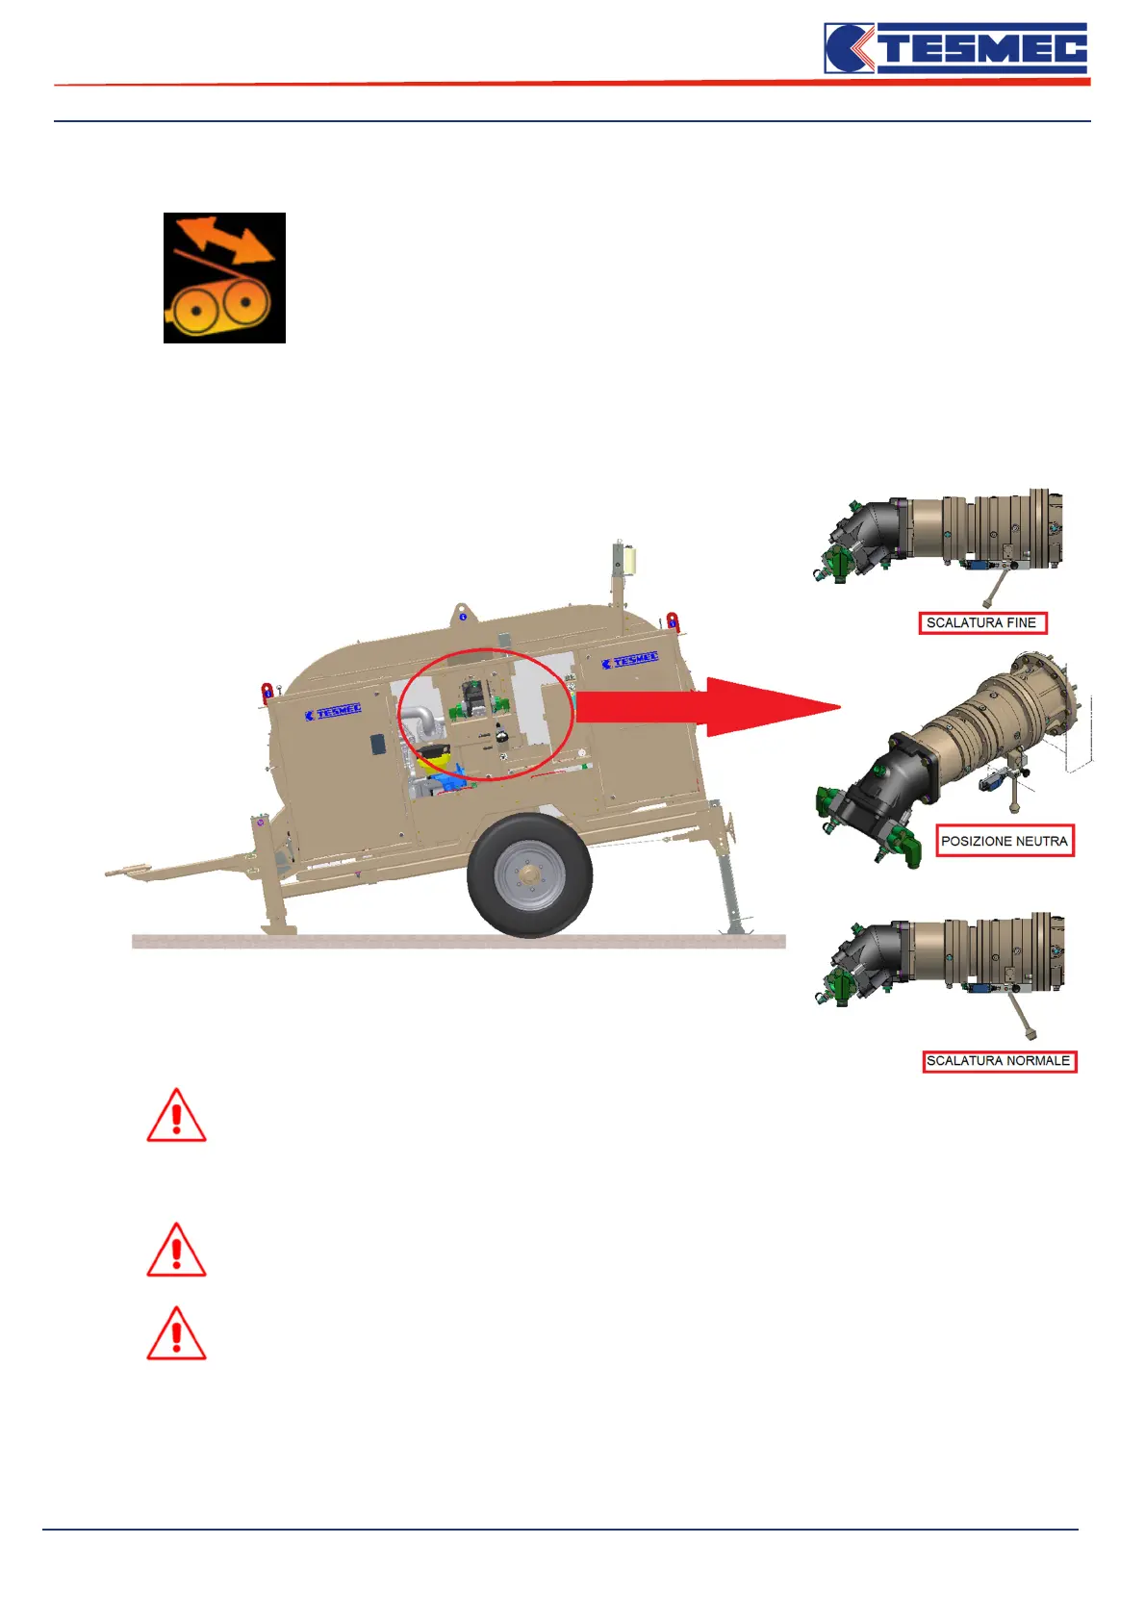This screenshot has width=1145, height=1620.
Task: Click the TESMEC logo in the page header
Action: (955, 48)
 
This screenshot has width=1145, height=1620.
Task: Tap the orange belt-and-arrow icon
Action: (224, 278)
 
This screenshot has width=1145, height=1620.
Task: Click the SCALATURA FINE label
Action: (981, 622)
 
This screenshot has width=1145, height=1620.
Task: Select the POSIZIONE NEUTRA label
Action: (1005, 841)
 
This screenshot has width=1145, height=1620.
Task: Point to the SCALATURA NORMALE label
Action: (999, 1061)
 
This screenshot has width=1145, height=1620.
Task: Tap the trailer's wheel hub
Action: (528, 875)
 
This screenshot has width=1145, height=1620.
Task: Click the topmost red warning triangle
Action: (176, 1117)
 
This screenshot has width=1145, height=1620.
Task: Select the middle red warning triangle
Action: (176, 1251)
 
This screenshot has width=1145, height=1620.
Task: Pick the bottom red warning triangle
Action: (176, 1334)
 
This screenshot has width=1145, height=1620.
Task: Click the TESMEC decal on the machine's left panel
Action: (333, 712)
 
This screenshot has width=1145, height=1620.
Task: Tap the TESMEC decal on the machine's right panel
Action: (630, 661)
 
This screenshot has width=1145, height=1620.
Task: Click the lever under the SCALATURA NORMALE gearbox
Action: (1020, 1015)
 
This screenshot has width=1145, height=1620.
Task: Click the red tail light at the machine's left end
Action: (267, 692)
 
